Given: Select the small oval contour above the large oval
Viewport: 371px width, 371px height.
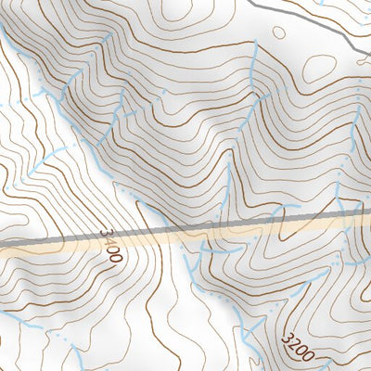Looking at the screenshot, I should tap(279, 31).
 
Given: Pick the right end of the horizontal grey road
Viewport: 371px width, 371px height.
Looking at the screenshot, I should tap(367, 212).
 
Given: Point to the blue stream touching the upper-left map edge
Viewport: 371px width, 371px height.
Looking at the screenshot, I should tap(7, 37).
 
